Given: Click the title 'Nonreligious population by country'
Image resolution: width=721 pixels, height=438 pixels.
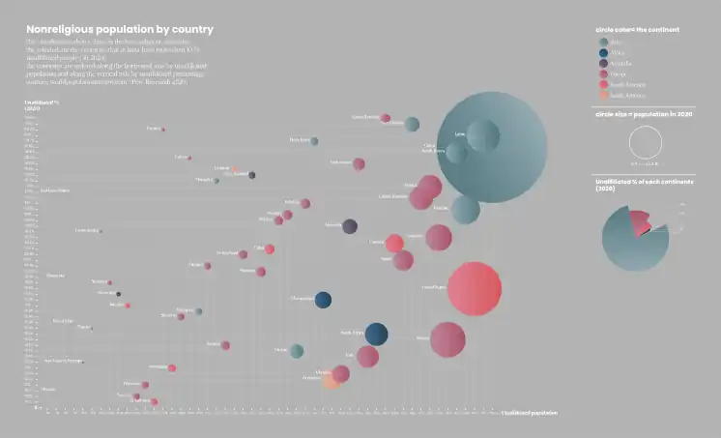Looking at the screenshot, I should point(120,30).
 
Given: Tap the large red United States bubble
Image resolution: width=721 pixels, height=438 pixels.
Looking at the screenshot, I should point(475,288).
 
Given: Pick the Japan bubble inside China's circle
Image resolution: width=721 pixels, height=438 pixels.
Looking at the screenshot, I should point(481,135).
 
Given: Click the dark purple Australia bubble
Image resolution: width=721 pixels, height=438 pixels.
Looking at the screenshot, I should point(350,226).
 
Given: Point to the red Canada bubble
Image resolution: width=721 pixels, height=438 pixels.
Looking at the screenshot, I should point(394,243).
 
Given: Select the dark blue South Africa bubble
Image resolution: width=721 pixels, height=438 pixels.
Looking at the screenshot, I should point(376,334).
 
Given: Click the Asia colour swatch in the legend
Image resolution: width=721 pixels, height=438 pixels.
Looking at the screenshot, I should point(604,42).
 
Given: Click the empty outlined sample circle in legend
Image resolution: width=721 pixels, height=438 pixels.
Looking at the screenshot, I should point(645,143).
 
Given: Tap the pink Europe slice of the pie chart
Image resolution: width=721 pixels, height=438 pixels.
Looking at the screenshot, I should point(641,223).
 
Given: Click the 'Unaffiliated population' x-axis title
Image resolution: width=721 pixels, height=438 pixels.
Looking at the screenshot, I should point(529,413).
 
